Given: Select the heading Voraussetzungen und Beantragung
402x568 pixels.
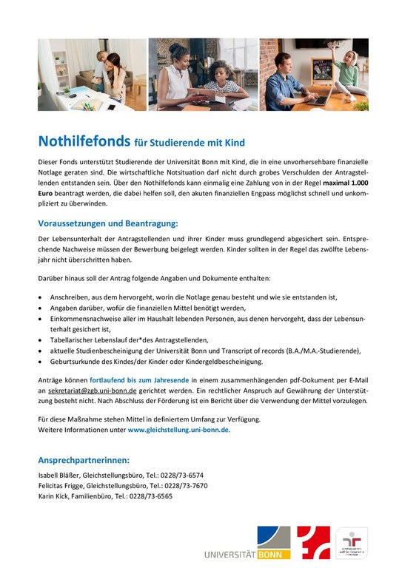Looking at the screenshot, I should coord(108,223).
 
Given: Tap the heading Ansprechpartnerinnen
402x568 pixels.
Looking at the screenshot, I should coord(84,459).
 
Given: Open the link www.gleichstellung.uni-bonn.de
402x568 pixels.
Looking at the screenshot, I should coord(178,429).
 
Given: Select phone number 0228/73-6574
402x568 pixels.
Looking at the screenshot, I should coord(183,475).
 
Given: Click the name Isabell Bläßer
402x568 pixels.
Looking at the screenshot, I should coord(60,475).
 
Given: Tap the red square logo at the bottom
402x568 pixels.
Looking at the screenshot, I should coord(313,542).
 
